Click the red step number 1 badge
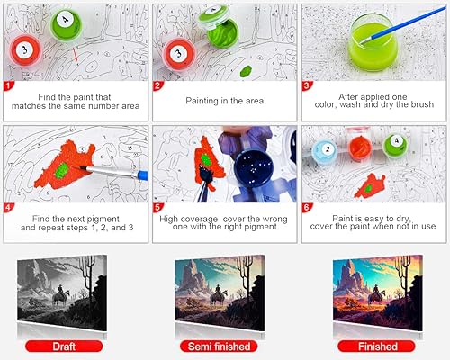8,86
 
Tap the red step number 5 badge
157,208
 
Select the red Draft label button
64,346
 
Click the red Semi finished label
219,346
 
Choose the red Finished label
377,346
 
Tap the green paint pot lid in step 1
66,22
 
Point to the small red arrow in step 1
76,57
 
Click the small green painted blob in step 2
246,71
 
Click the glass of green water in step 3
373,43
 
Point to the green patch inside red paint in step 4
63,170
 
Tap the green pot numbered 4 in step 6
395,145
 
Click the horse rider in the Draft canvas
61,295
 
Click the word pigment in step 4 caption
102,219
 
